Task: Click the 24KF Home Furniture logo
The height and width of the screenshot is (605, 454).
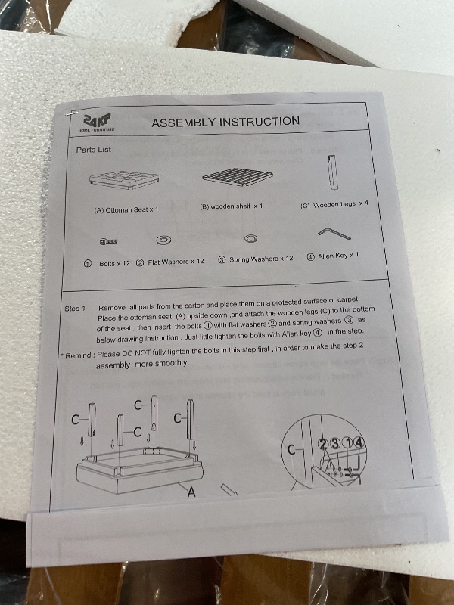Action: (x=97, y=123)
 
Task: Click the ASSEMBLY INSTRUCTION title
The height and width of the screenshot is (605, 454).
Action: (x=225, y=122)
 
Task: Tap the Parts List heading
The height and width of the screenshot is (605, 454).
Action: (x=93, y=150)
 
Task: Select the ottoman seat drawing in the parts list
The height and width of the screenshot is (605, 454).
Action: (x=124, y=180)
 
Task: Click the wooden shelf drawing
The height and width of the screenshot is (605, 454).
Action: (x=238, y=177)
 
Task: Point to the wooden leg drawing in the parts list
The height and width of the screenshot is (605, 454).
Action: (x=333, y=172)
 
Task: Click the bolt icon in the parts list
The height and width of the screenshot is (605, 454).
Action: (x=109, y=241)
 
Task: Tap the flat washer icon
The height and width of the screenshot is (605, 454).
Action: (x=163, y=240)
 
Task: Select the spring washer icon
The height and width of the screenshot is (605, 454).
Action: (x=251, y=238)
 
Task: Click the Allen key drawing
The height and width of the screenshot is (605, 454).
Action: (x=334, y=233)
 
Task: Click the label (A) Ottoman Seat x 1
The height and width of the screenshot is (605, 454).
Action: (x=126, y=210)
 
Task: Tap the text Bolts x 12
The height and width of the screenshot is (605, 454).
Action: (x=115, y=263)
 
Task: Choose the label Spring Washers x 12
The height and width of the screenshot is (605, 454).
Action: (x=261, y=259)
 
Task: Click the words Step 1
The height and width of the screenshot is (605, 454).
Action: (x=75, y=309)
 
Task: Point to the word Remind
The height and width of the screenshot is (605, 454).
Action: (x=79, y=355)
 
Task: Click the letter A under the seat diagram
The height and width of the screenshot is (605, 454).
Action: (x=191, y=492)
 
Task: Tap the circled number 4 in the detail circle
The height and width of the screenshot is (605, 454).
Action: (x=359, y=442)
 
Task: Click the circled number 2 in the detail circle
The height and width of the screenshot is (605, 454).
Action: (x=323, y=445)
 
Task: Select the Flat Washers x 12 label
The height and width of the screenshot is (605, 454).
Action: (x=176, y=262)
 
